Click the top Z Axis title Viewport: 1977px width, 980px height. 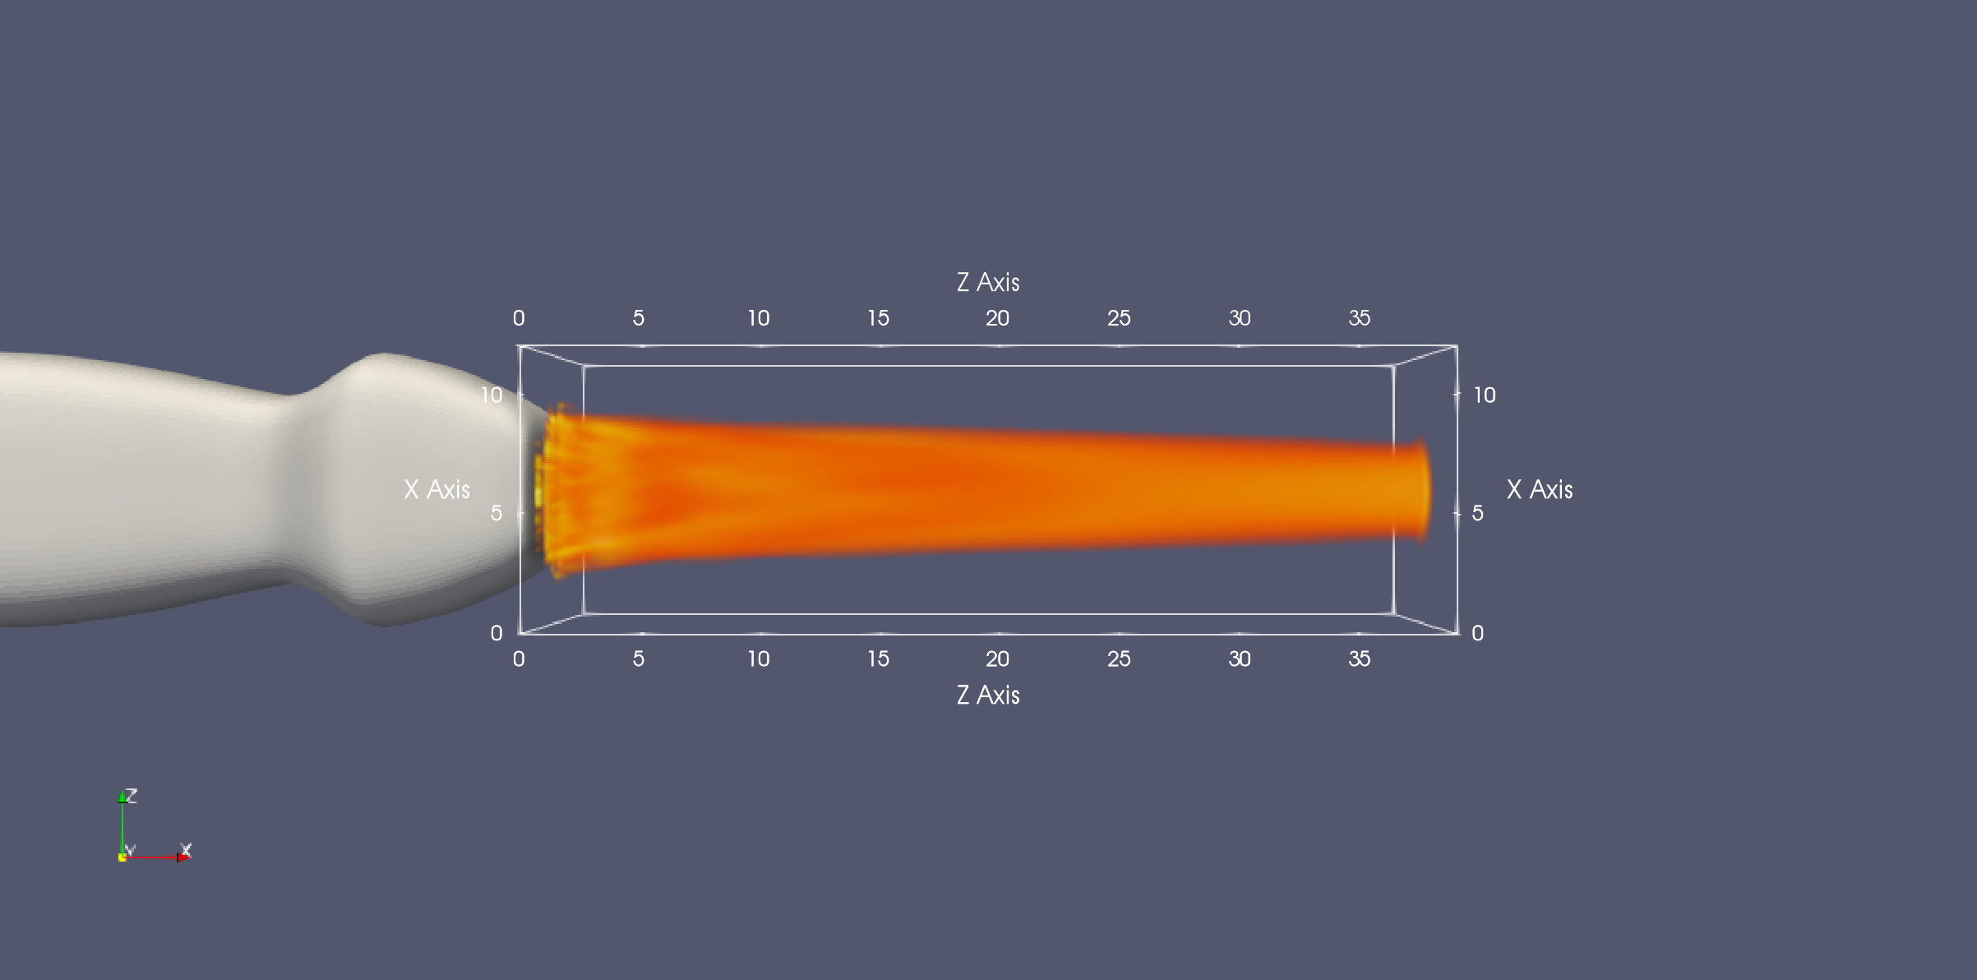[x=988, y=282]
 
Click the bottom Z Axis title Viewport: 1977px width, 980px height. [x=988, y=695]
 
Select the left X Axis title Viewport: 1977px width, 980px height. [x=437, y=489]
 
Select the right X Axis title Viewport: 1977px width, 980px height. [x=1540, y=489]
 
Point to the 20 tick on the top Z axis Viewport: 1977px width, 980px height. [x=997, y=318]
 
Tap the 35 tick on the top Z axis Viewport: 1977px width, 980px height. [x=1359, y=318]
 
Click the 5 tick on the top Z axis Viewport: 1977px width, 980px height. [x=638, y=318]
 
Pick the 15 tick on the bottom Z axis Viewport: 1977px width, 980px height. [x=878, y=659]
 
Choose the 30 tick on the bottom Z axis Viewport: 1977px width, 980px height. [x=1239, y=659]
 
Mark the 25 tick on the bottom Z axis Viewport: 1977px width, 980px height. [x=1118, y=659]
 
